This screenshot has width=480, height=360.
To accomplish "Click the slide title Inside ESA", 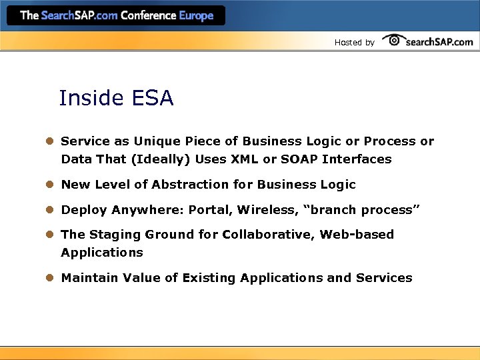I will point(116,99).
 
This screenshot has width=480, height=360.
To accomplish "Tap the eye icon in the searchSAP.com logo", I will point(393,40).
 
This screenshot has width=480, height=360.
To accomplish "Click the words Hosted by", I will point(354,43).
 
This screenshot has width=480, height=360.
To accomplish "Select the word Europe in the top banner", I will point(196,15).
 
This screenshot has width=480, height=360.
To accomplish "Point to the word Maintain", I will point(89,278).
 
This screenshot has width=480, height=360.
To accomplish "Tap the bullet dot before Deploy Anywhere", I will point(49,210).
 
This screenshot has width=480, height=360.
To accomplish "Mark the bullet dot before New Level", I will point(49,185).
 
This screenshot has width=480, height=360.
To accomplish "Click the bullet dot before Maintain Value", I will point(49,278).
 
